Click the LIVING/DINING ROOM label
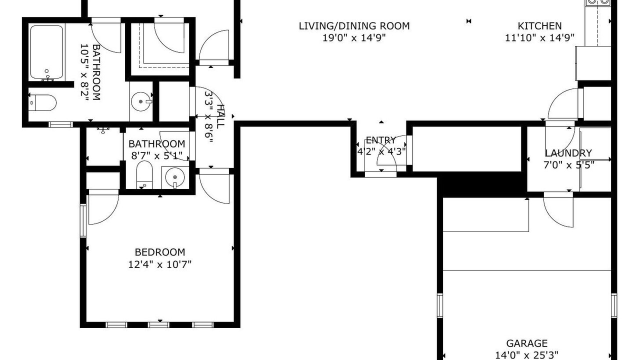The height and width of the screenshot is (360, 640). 354,26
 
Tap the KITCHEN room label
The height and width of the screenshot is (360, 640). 539,26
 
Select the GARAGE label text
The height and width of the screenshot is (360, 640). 527,343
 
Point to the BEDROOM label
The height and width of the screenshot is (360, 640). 160,252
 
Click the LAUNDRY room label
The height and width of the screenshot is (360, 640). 568,153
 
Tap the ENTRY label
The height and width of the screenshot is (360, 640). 381,140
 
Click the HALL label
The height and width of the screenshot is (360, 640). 220,116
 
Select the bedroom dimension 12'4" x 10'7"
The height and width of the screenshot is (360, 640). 159,264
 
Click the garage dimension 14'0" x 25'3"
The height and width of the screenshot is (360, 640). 526,355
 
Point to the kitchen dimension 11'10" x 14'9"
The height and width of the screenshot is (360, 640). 539,37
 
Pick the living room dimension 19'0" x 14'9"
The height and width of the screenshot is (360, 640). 354,37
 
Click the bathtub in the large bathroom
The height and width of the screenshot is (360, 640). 46,52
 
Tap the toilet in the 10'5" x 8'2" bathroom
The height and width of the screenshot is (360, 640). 43,103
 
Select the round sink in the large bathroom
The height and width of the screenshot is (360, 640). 141,101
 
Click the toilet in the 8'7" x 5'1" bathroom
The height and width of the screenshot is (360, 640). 144,175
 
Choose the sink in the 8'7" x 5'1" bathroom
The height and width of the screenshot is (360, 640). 175,177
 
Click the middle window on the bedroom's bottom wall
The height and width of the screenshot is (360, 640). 158,325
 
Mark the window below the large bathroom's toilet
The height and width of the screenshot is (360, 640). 60,124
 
